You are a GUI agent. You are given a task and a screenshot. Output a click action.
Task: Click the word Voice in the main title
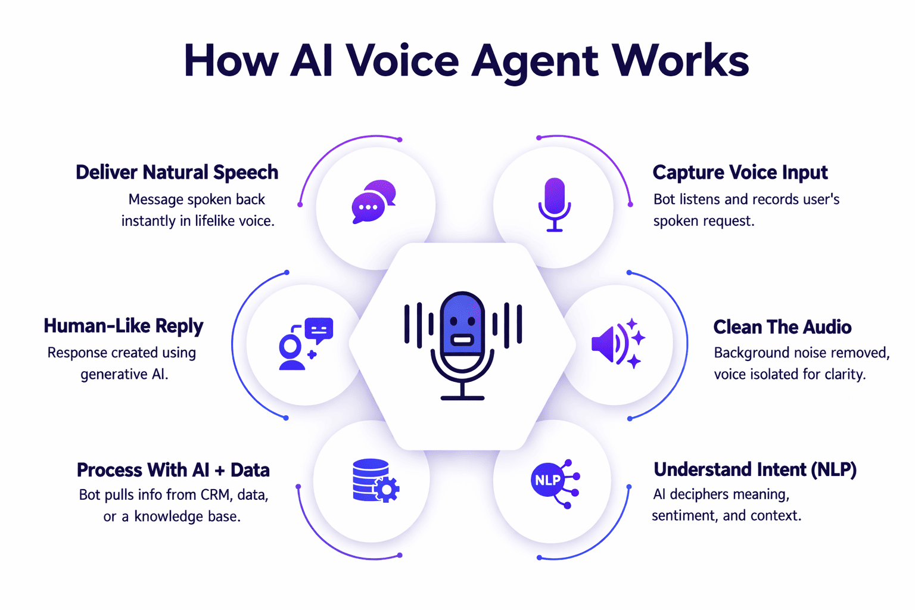click(402, 60)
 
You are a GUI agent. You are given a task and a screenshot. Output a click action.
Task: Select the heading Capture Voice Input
click(740, 172)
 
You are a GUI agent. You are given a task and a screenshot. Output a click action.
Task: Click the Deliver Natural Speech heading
click(177, 172)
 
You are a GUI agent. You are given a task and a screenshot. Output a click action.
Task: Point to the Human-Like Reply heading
click(123, 326)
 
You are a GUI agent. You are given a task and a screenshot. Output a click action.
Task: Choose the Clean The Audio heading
click(782, 326)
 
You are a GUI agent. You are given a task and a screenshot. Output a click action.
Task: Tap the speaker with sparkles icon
click(618, 344)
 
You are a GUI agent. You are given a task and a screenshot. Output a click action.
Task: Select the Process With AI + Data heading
click(173, 470)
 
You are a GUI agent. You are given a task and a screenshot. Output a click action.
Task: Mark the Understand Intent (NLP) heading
click(755, 469)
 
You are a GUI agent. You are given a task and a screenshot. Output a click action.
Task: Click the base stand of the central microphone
click(462, 397)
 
